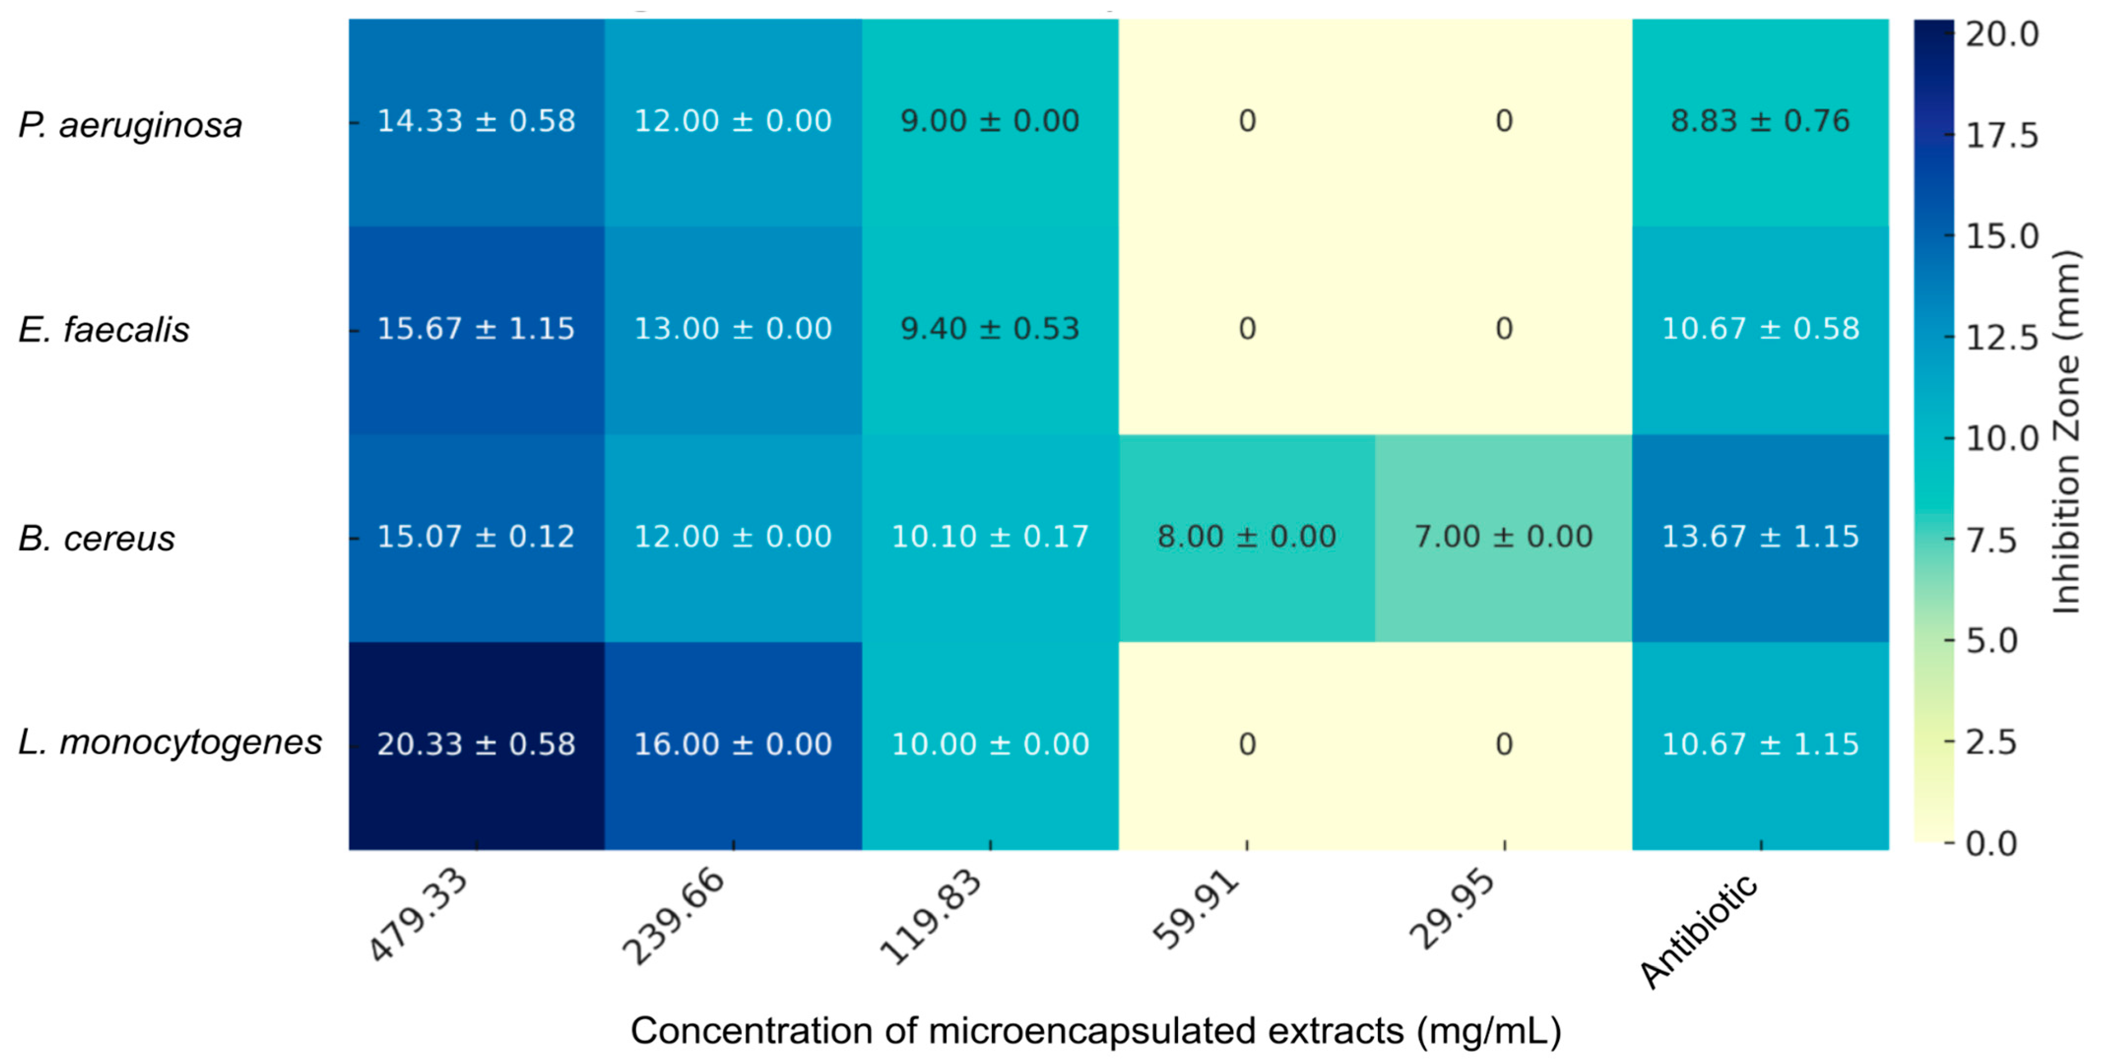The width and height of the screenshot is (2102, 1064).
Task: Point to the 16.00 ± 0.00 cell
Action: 733,744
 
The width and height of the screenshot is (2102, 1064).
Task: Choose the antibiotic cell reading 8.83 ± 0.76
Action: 1760,121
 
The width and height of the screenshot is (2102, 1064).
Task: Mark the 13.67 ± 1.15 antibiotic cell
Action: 1760,537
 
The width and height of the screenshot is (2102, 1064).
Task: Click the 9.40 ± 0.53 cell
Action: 990,329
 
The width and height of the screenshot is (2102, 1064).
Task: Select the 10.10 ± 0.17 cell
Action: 990,537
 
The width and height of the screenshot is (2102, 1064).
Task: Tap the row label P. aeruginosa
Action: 130,126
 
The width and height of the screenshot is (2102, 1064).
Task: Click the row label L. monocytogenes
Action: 170,742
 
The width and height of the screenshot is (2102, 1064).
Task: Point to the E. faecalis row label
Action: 104,330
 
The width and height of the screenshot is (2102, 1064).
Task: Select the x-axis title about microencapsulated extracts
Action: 1095,1031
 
